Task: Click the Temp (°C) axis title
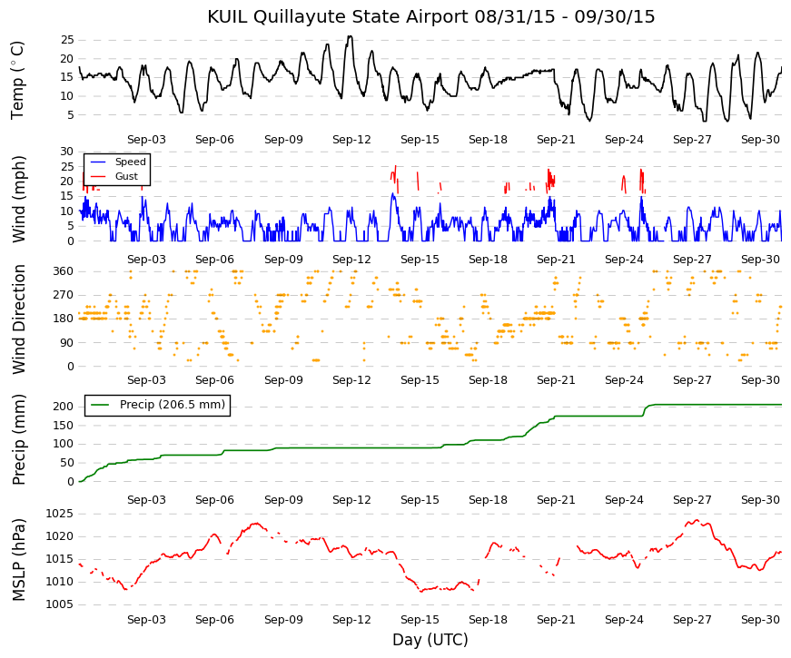coord(17,80)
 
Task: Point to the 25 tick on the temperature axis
coord(67,40)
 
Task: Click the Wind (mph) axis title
coord(18,199)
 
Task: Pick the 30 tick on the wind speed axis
coord(67,152)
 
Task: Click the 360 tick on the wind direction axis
coord(64,271)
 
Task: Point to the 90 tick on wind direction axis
coord(67,343)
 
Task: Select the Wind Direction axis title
coord(18,319)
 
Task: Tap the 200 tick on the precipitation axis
coord(64,407)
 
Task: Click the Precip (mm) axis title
coord(18,439)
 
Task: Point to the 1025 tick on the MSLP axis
coord(60,514)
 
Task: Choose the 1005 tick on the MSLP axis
coord(60,604)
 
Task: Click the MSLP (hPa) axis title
coord(18,560)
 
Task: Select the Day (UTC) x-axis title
coord(430,640)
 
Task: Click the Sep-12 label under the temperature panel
coord(351,140)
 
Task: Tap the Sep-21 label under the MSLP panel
coord(556,620)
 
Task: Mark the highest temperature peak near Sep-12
coord(350,36)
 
